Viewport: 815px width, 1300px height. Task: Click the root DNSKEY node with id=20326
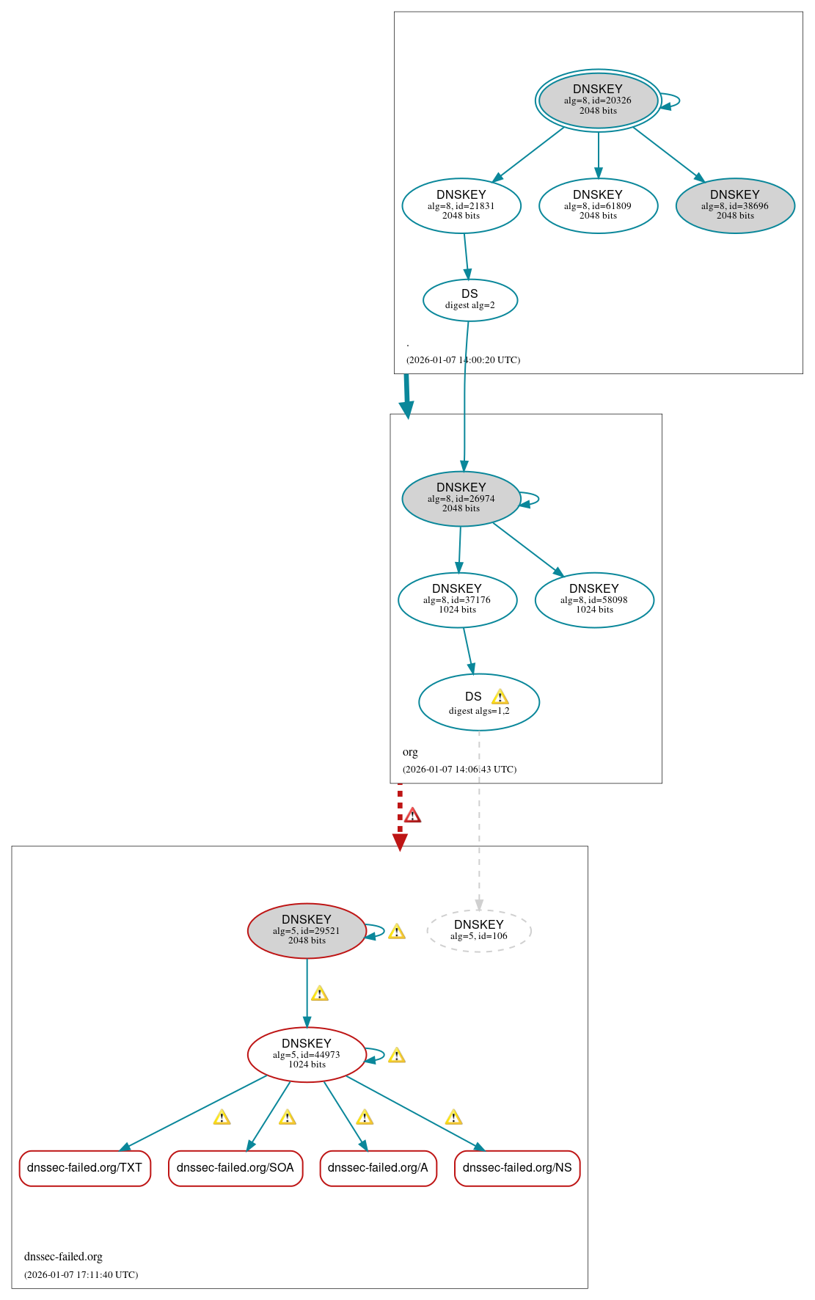tap(598, 101)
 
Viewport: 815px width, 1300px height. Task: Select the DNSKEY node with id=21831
tap(461, 205)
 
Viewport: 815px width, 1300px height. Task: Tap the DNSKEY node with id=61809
tap(598, 205)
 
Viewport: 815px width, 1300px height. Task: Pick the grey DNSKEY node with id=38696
tap(735, 205)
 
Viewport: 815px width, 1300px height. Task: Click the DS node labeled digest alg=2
tap(470, 300)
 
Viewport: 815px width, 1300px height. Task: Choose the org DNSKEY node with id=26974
tap(461, 498)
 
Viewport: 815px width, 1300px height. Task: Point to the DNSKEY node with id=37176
tap(457, 599)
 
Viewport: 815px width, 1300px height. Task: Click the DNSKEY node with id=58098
tap(594, 599)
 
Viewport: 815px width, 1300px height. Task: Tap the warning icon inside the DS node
tap(500, 697)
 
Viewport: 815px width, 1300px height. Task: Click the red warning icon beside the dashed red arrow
tap(413, 815)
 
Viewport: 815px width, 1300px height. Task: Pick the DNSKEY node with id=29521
tap(307, 930)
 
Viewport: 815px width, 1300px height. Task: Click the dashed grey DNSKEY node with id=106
tap(479, 930)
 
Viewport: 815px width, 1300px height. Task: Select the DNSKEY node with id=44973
tap(307, 1054)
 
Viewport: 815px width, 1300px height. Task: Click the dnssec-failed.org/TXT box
tap(85, 1167)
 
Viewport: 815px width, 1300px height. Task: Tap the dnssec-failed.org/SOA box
tap(235, 1167)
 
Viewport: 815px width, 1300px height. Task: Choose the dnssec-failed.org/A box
tap(378, 1167)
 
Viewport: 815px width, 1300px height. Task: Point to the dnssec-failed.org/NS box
tap(517, 1167)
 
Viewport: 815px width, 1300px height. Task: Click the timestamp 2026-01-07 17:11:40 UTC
tap(81, 1274)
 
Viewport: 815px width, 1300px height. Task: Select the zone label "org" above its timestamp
tap(410, 752)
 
